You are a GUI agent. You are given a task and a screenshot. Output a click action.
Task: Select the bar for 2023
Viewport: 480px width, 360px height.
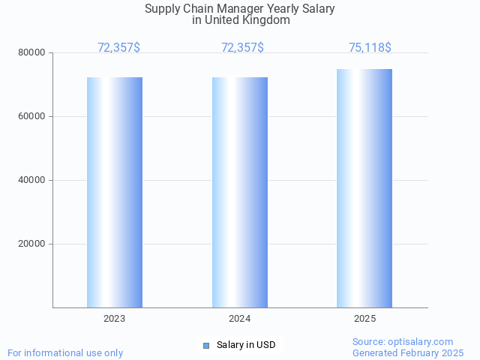pyautogui.click(x=115, y=192)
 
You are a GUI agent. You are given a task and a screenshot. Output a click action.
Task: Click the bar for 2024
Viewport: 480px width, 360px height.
pyautogui.click(x=240, y=192)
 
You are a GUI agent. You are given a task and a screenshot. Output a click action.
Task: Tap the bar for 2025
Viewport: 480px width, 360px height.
pyautogui.click(x=364, y=188)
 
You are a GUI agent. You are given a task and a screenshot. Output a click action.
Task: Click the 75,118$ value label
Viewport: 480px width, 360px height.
pyautogui.click(x=370, y=48)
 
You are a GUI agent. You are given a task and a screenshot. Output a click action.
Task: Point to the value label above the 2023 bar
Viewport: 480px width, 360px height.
pyautogui.click(x=118, y=48)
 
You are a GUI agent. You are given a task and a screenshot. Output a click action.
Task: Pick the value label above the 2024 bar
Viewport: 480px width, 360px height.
pyautogui.click(x=242, y=48)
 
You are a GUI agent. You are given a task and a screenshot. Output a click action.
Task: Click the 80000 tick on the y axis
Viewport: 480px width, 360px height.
pyautogui.click(x=31, y=52)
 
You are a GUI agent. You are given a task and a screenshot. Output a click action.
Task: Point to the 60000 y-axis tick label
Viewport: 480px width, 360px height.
pyautogui.click(x=31, y=116)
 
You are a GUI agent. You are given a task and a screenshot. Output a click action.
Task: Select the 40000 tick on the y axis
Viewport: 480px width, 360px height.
pyautogui.click(x=31, y=180)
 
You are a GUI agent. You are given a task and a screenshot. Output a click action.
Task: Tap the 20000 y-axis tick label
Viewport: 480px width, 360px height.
pyautogui.click(x=31, y=244)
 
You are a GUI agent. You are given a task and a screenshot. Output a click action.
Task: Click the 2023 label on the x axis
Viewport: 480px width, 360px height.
pyautogui.click(x=115, y=319)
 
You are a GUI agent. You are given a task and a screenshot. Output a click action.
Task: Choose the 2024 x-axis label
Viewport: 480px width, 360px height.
pyautogui.click(x=240, y=319)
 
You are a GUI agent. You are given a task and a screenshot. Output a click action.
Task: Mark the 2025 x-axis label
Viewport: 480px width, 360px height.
pyautogui.click(x=364, y=319)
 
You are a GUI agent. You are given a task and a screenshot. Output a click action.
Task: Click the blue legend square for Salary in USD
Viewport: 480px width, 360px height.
pyautogui.click(x=206, y=345)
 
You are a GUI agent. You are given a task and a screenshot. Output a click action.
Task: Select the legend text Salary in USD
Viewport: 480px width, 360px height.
pyautogui.click(x=246, y=345)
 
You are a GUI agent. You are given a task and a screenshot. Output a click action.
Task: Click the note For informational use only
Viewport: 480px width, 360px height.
pyautogui.click(x=65, y=352)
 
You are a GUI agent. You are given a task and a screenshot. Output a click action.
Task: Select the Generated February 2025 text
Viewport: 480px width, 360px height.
pyautogui.click(x=408, y=352)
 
